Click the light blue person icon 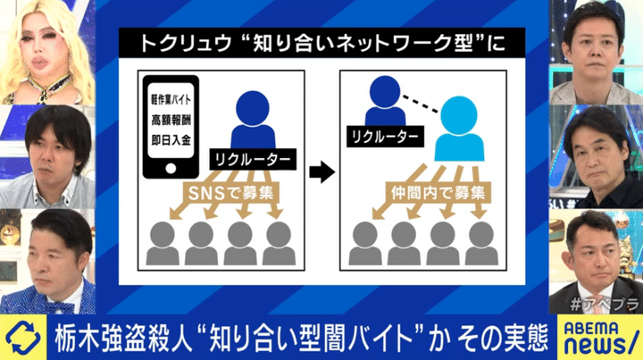[x=459, y=130]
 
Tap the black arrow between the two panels [x=321, y=172]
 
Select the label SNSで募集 [x=231, y=193]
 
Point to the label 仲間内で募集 [x=438, y=193]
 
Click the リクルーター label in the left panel [x=253, y=160]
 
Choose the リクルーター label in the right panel [x=385, y=137]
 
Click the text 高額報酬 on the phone [x=171, y=120]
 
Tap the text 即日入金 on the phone [x=171, y=140]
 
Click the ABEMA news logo [x=599, y=338]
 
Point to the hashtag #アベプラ [x=605, y=305]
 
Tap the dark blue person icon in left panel [x=253, y=120]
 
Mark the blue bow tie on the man [x=59, y=307]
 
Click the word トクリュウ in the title [x=186, y=44]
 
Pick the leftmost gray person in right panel [x=365, y=244]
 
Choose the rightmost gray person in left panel [x=279, y=244]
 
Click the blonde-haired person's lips [x=41, y=64]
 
